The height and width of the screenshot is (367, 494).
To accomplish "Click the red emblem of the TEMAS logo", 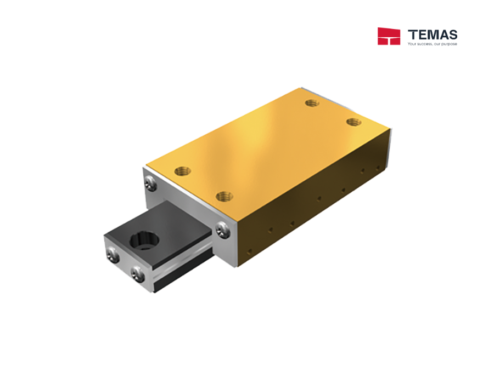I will click(389, 36).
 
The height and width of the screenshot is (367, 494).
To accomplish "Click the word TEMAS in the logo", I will click(433, 35).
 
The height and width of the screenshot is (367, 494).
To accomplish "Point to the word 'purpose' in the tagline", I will click(450, 44).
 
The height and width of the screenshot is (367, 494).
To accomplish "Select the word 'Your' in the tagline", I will click(412, 44).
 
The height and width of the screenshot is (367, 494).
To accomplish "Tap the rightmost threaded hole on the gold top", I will click(352, 122).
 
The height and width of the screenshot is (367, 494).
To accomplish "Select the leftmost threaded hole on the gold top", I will click(182, 171).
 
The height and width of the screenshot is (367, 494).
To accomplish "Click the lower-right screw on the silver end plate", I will click(221, 230).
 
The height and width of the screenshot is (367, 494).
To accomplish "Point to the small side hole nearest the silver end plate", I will click(250, 251).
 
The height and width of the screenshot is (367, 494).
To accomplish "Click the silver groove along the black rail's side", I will click(181, 267).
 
